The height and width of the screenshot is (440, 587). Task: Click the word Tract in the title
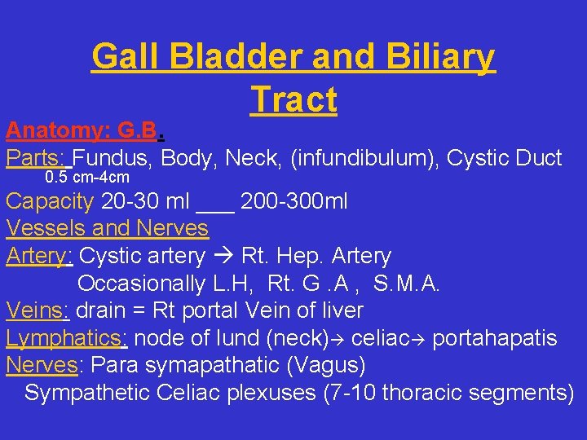pos(293,99)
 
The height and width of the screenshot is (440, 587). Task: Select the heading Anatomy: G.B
pos(86,130)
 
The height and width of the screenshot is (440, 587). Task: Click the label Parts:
pos(38,157)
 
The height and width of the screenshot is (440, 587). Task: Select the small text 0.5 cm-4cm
pos(87,178)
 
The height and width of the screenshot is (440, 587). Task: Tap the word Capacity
pos(50,200)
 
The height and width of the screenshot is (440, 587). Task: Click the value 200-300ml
pos(293,200)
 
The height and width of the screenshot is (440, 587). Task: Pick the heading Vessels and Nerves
pos(107,228)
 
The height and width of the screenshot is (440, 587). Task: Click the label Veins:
pos(39,310)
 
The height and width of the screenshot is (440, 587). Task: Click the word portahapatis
pos(495,338)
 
